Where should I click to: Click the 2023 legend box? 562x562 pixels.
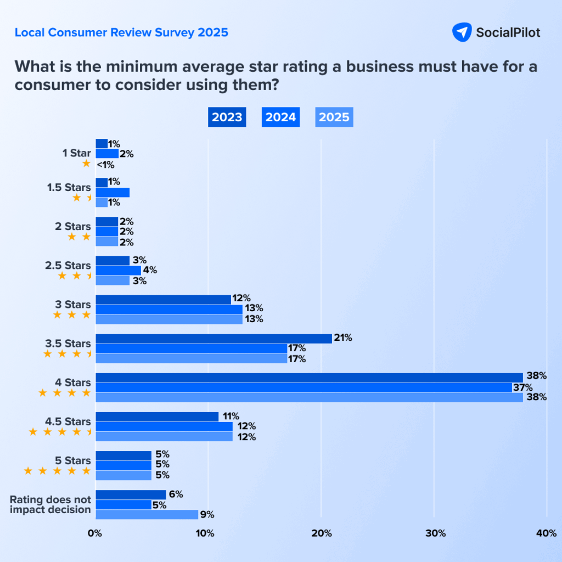point(227,117)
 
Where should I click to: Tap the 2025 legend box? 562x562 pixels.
point(334,117)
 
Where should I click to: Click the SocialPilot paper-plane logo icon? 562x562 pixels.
point(461,32)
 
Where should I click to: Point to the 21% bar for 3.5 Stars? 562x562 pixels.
point(213,338)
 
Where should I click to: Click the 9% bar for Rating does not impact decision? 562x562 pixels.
point(147,514)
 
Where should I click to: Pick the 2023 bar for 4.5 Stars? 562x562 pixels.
point(157,417)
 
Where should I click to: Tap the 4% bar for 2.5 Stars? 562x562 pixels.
point(118,270)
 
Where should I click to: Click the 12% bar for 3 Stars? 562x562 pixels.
point(163,299)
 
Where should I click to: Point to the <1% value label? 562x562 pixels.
point(105,164)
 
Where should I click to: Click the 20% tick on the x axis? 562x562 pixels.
point(321,533)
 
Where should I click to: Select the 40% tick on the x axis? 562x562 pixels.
point(547,533)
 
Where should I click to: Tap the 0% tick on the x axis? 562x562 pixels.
point(95,533)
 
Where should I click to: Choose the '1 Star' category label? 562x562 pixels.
point(76,153)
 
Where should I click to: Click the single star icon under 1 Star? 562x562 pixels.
point(86,164)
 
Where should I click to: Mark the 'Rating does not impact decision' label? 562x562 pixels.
point(50,504)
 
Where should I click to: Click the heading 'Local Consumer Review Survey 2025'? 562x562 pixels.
point(121,32)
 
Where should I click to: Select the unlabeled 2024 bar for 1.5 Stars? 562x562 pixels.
point(113,192)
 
